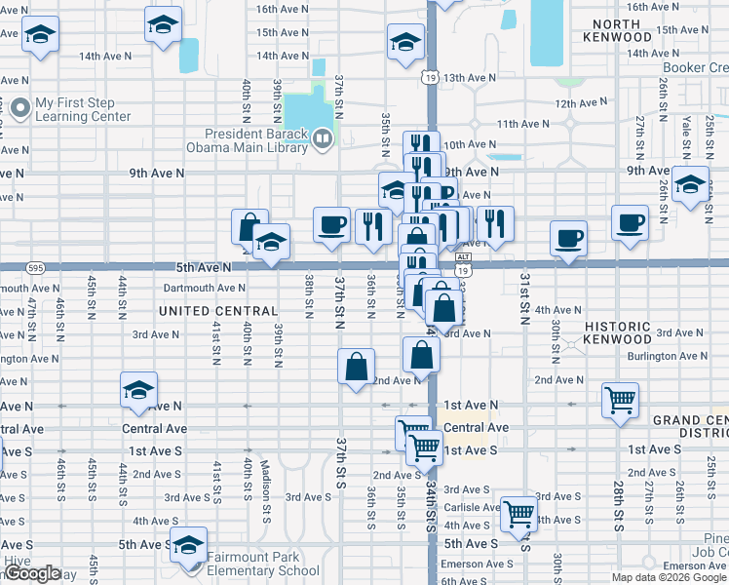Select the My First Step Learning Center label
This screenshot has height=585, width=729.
(83, 109)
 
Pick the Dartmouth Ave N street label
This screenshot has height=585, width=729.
(205, 288)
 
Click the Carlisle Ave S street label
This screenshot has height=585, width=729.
(472, 507)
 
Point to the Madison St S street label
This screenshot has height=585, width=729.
(265, 480)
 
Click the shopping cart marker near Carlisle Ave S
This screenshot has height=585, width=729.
(518, 511)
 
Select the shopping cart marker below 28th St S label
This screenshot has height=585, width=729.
(620, 398)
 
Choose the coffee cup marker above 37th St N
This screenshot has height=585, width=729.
(331, 224)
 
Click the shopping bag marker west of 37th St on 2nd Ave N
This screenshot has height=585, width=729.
(356, 367)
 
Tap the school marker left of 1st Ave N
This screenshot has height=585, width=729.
(138, 390)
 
